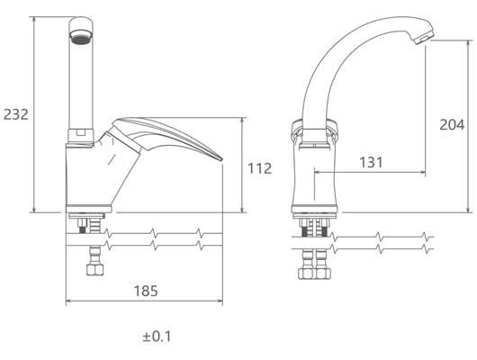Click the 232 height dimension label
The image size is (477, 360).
(16, 114)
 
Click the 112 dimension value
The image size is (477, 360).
(260, 168)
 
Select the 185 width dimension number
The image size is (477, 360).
(146, 291)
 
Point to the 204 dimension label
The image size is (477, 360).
(452, 125)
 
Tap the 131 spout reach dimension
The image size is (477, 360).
(371, 162)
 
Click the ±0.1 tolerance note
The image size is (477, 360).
(157, 337)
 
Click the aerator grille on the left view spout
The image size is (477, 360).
(81, 39)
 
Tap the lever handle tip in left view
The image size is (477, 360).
(220, 159)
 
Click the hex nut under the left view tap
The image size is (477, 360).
(94, 270)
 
